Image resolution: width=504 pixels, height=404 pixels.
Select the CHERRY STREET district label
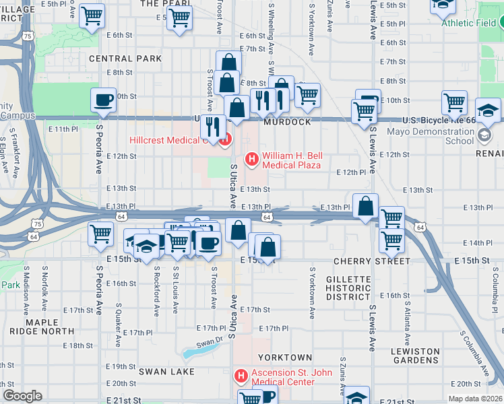(372, 261)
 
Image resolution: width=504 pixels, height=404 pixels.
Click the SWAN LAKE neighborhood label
(166, 371)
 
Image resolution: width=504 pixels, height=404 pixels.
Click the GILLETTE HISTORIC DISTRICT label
(348, 288)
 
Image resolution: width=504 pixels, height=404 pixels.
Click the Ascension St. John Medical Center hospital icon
(240, 375)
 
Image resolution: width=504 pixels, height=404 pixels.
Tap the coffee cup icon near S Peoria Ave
(104, 100)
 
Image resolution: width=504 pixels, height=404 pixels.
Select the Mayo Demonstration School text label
(431, 136)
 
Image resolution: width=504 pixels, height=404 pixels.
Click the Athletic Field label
(471, 23)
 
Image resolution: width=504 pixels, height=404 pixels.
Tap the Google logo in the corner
(22, 396)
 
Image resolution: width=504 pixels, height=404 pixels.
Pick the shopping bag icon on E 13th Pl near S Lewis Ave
(365, 207)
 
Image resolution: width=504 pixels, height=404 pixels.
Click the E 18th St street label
(80, 345)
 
